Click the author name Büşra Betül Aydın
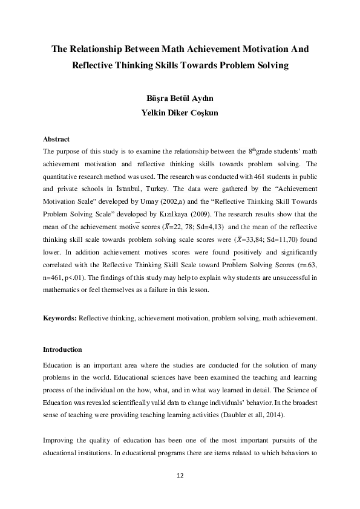pyautogui.click(x=179, y=99)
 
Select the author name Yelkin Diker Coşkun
pyautogui.click(x=179, y=112)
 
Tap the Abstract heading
pyautogui.click(x=56, y=139)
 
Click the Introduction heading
pyautogui.click(x=62, y=349)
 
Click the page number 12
pyautogui.click(x=180, y=475)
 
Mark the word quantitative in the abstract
pyautogui.click(x=62, y=175)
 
